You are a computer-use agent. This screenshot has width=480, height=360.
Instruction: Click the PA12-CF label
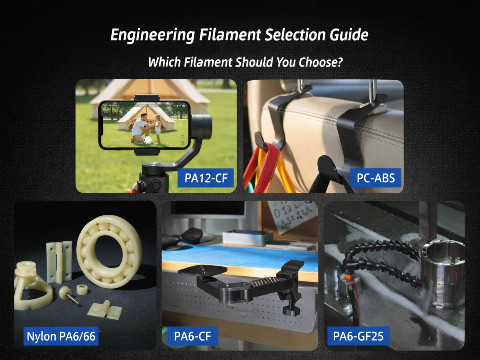pyautogui.click(x=206, y=178)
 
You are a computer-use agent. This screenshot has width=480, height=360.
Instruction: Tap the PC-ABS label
pyautogui.click(x=376, y=178)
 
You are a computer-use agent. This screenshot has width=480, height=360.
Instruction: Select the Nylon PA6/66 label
pyautogui.click(x=61, y=336)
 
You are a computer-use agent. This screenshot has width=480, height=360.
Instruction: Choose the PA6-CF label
pyautogui.click(x=192, y=336)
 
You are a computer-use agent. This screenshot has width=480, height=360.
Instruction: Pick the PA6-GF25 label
pyautogui.click(x=358, y=336)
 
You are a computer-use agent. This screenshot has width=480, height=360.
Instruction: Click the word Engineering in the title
pyautogui.click(x=153, y=35)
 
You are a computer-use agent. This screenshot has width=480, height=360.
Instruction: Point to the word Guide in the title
pyautogui.click(x=349, y=35)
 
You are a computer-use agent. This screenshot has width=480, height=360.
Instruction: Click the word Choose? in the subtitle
pyautogui.click(x=321, y=62)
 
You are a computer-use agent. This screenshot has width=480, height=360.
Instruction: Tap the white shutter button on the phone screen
pyautogui.click(x=148, y=140)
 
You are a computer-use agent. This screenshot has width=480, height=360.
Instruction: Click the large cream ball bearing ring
pyautogui.click(x=110, y=251)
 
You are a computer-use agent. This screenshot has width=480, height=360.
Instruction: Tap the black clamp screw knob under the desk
pyautogui.click(x=291, y=311)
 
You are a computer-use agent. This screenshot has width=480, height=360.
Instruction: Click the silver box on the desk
pyautogui.click(x=247, y=238)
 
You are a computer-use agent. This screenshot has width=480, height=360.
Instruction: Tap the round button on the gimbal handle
pyautogui.click(x=156, y=186)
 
